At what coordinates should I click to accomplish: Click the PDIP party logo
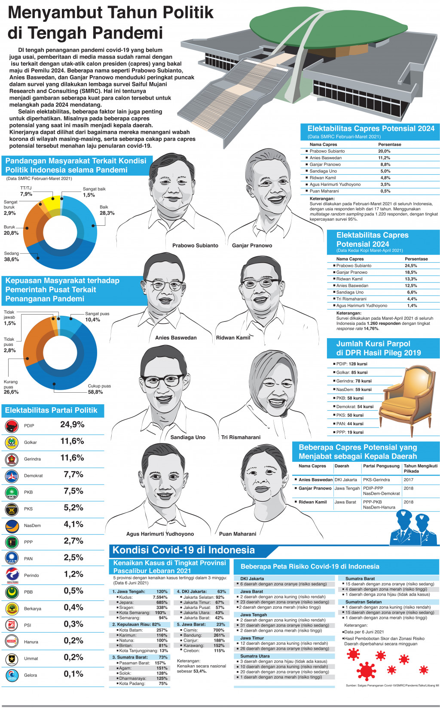[11, 426]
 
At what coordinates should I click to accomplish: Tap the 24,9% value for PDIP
[72, 425]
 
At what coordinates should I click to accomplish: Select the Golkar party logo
[11, 442]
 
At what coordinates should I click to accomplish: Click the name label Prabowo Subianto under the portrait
[195, 245]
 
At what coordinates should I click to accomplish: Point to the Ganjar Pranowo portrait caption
[252, 245]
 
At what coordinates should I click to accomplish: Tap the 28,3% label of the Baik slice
[107, 213]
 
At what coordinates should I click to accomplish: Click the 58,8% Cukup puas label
[95, 392]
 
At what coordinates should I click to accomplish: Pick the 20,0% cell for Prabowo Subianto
[384, 151]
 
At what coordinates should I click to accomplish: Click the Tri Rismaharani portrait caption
[241, 437]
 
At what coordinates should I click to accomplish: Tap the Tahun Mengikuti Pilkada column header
[420, 468]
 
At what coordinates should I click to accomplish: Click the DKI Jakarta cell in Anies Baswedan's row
[346, 480]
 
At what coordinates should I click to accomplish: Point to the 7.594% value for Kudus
[160, 597]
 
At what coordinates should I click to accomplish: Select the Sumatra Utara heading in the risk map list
[255, 656]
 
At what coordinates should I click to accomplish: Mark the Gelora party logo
[11, 676]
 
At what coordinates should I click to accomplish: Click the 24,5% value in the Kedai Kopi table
[411, 266]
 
